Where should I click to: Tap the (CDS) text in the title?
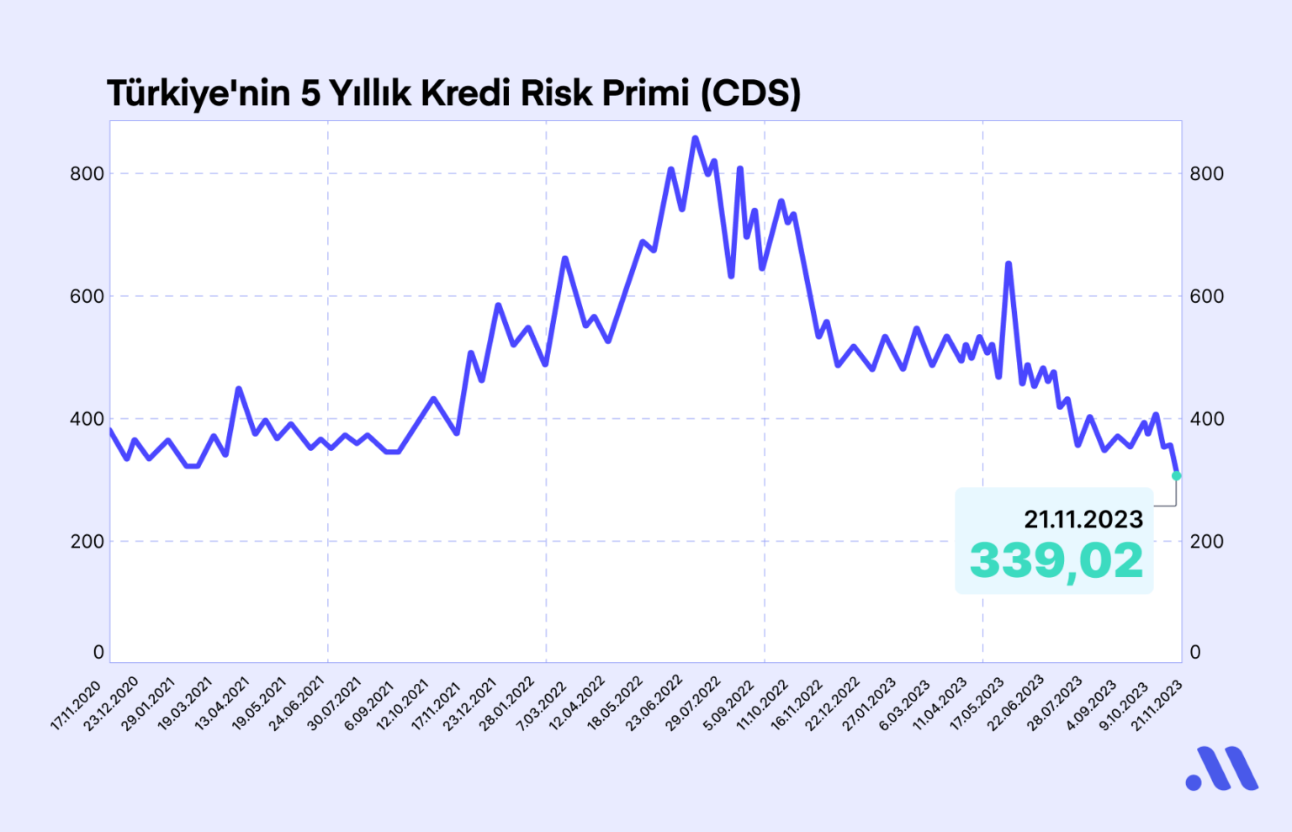tap(750, 93)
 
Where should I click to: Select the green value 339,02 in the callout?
tap(1056, 560)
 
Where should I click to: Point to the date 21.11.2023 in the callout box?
tap(1083, 520)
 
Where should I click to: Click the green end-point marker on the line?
tap(1176, 476)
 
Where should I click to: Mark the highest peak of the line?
tap(695, 138)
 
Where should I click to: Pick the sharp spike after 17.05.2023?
tap(1008, 264)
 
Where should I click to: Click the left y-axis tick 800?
tap(87, 174)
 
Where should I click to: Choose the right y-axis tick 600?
tap(1206, 296)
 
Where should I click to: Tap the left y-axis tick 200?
tap(87, 542)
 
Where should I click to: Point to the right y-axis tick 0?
tap(1195, 652)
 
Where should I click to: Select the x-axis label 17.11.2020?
tap(77, 705)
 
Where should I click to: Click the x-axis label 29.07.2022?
tap(694, 703)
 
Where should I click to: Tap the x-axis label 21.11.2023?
tap(1157, 705)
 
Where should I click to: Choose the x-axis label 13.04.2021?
tap(223, 703)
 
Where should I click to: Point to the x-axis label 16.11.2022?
tap(797, 705)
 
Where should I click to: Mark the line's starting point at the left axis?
tap(111, 430)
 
